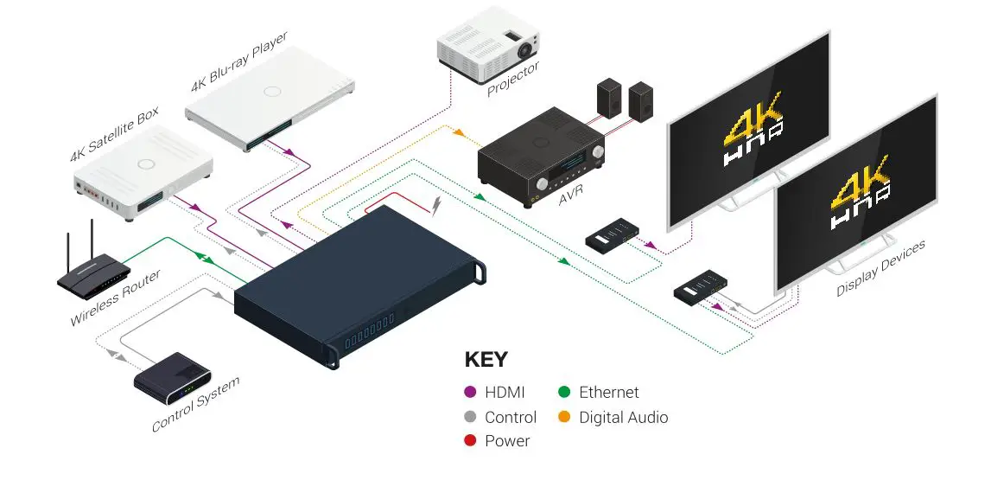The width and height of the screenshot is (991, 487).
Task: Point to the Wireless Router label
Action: (x=116, y=299)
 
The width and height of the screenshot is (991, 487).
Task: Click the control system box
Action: (x=173, y=377)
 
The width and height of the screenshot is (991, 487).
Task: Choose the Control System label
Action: (x=196, y=404)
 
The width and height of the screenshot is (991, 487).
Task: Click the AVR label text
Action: (x=569, y=201)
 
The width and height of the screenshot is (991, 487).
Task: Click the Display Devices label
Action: (x=880, y=268)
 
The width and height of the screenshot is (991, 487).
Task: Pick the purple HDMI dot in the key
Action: (x=471, y=393)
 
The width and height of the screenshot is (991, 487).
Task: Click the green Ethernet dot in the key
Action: (x=565, y=393)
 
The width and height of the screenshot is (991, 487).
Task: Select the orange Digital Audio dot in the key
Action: (x=565, y=418)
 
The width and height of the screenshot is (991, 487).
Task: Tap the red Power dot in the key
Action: (x=471, y=441)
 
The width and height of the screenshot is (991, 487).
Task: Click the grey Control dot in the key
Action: (x=471, y=418)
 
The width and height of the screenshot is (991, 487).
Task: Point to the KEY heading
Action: (x=486, y=360)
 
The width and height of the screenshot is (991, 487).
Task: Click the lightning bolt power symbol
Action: (x=441, y=205)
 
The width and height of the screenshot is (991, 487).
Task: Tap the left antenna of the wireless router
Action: (x=68, y=245)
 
